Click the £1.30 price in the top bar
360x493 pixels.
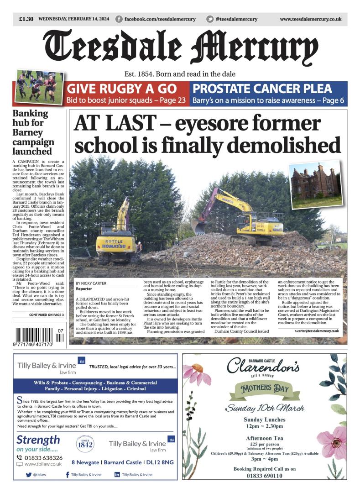26,19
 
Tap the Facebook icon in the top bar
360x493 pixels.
119,19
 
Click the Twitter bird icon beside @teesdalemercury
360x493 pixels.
210,19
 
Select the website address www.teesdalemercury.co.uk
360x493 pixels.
310,19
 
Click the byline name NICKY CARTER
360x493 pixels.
91,283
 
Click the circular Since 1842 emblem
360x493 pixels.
85,444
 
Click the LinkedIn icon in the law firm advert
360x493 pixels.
117,475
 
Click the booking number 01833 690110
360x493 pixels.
264,476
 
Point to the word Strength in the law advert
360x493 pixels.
38,440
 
